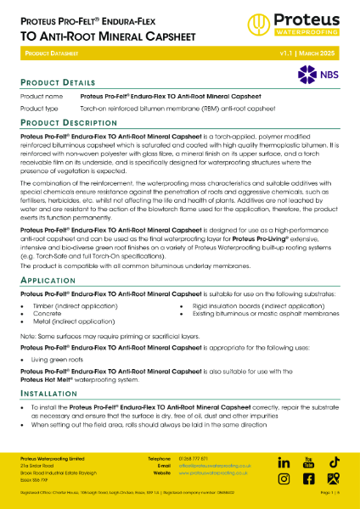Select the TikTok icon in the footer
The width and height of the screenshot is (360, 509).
tap(335, 461)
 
